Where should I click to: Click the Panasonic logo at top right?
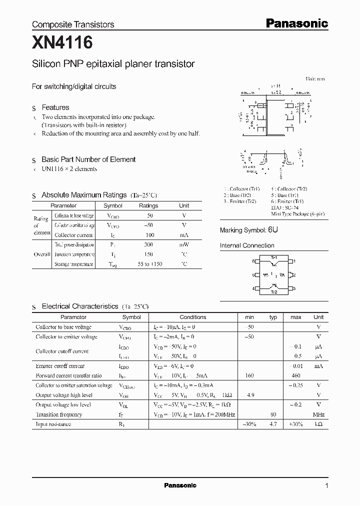click(296, 23)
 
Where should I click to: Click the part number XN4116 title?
click(62, 43)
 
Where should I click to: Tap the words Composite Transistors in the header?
click(73, 24)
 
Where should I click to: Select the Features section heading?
click(55, 107)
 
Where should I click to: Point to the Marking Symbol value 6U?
click(272, 230)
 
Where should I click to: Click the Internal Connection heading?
click(247, 245)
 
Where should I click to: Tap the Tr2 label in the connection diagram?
click(273, 291)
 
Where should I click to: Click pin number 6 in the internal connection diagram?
click(253, 261)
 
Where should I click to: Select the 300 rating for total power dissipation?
click(148, 245)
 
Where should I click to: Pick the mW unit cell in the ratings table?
click(184, 245)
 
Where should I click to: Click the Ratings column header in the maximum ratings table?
click(148, 205)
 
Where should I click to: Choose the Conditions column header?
click(192, 317)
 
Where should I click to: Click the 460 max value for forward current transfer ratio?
click(296, 375)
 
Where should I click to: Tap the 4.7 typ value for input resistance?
click(273, 424)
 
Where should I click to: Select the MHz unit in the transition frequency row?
click(318, 414)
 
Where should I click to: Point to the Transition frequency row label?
click(58, 414)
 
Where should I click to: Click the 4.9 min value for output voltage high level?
click(250, 395)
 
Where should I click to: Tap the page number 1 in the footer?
click(326, 485)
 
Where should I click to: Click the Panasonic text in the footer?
click(180, 485)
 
